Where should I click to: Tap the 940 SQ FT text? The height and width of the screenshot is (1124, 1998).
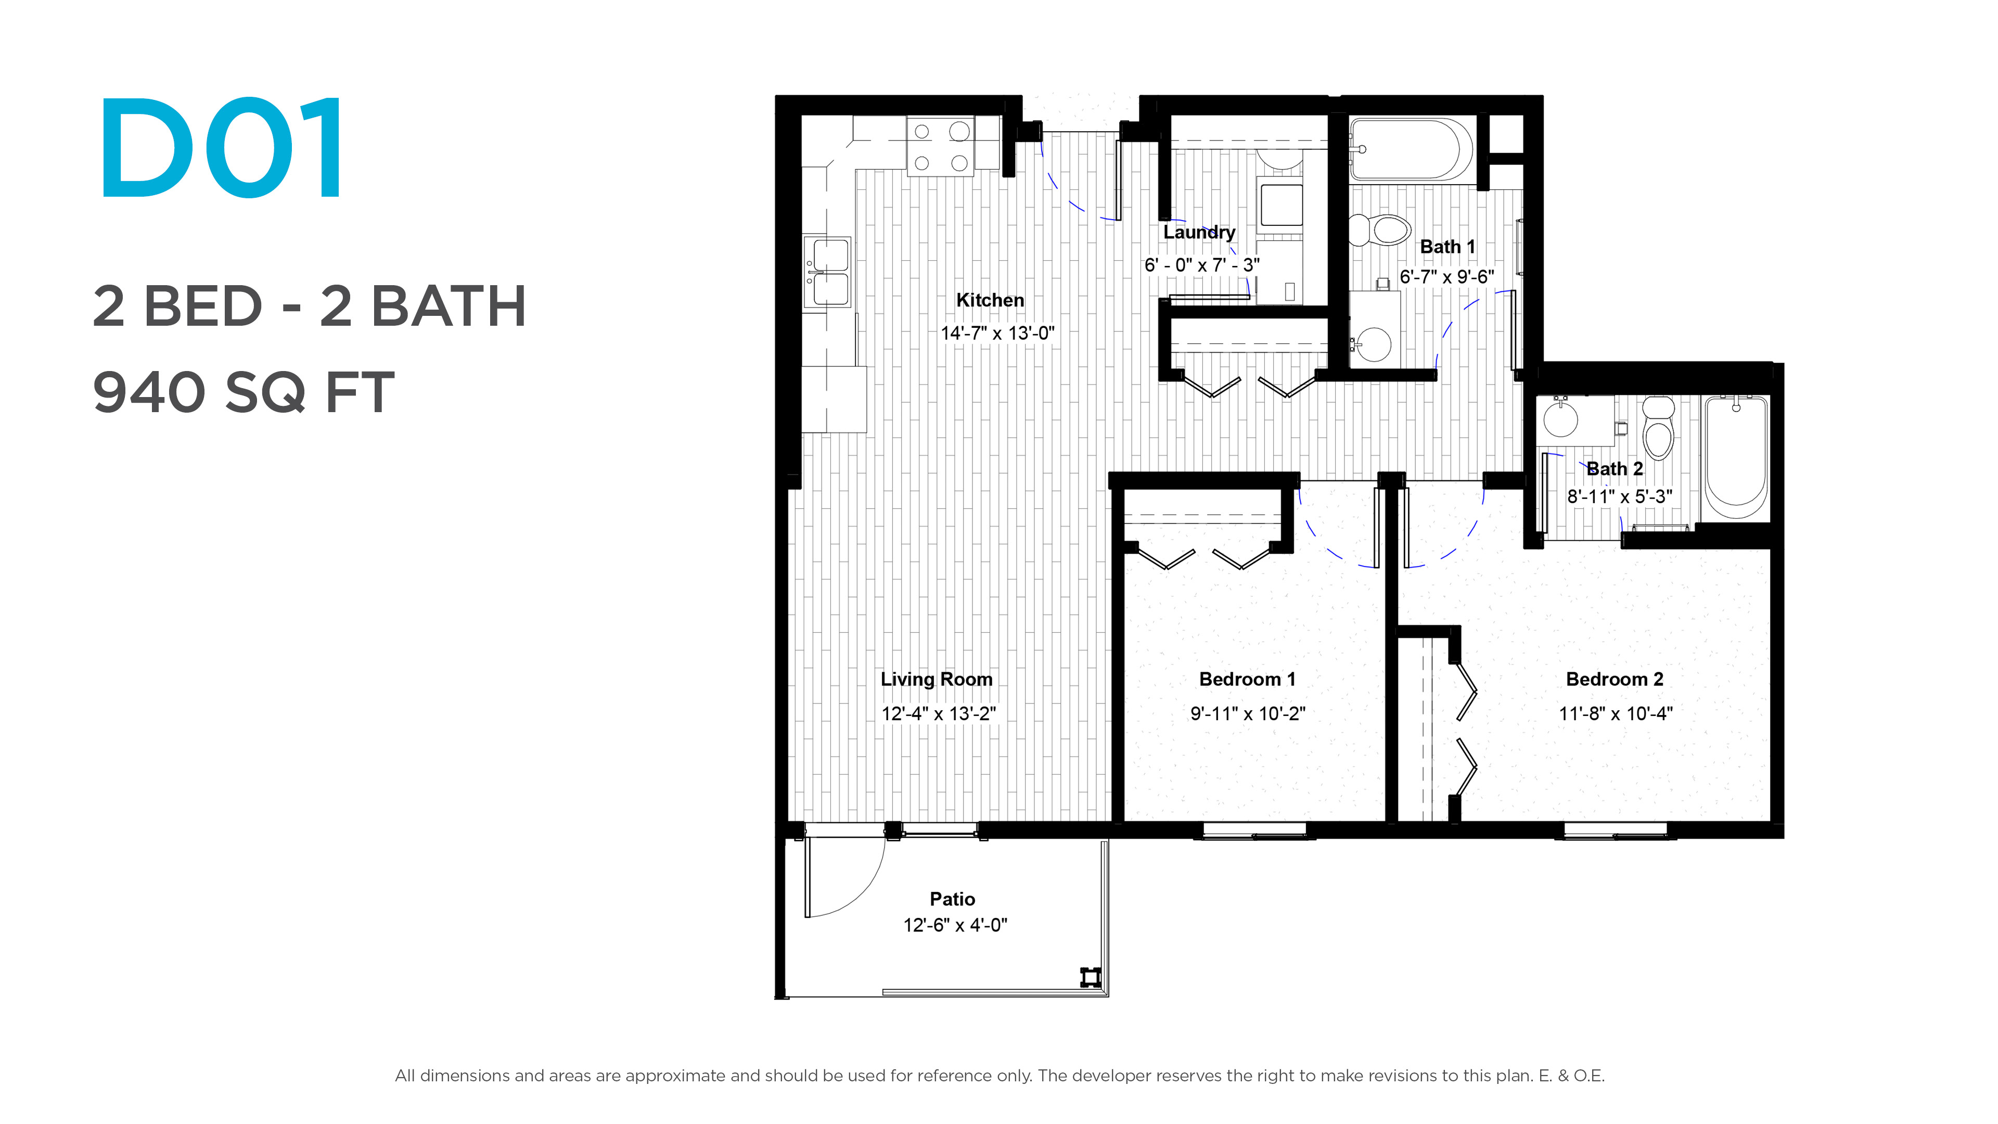(244, 392)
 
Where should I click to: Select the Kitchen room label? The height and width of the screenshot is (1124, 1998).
(990, 300)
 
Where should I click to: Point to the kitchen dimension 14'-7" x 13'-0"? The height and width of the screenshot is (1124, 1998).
(997, 334)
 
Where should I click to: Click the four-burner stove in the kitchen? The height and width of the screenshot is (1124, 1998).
(941, 147)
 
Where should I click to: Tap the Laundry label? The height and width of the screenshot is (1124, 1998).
(1199, 232)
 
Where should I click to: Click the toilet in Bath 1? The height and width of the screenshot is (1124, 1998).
(1379, 229)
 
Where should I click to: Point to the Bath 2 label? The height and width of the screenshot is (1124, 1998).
(1615, 468)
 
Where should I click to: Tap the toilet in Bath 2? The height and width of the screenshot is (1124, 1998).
(1658, 428)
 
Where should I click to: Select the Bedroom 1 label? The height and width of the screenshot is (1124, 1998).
(1247, 680)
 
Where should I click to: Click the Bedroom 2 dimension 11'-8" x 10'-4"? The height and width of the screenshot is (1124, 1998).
(1616, 713)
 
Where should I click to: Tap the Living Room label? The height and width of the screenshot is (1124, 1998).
(936, 680)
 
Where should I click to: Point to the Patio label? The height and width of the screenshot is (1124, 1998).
(953, 899)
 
